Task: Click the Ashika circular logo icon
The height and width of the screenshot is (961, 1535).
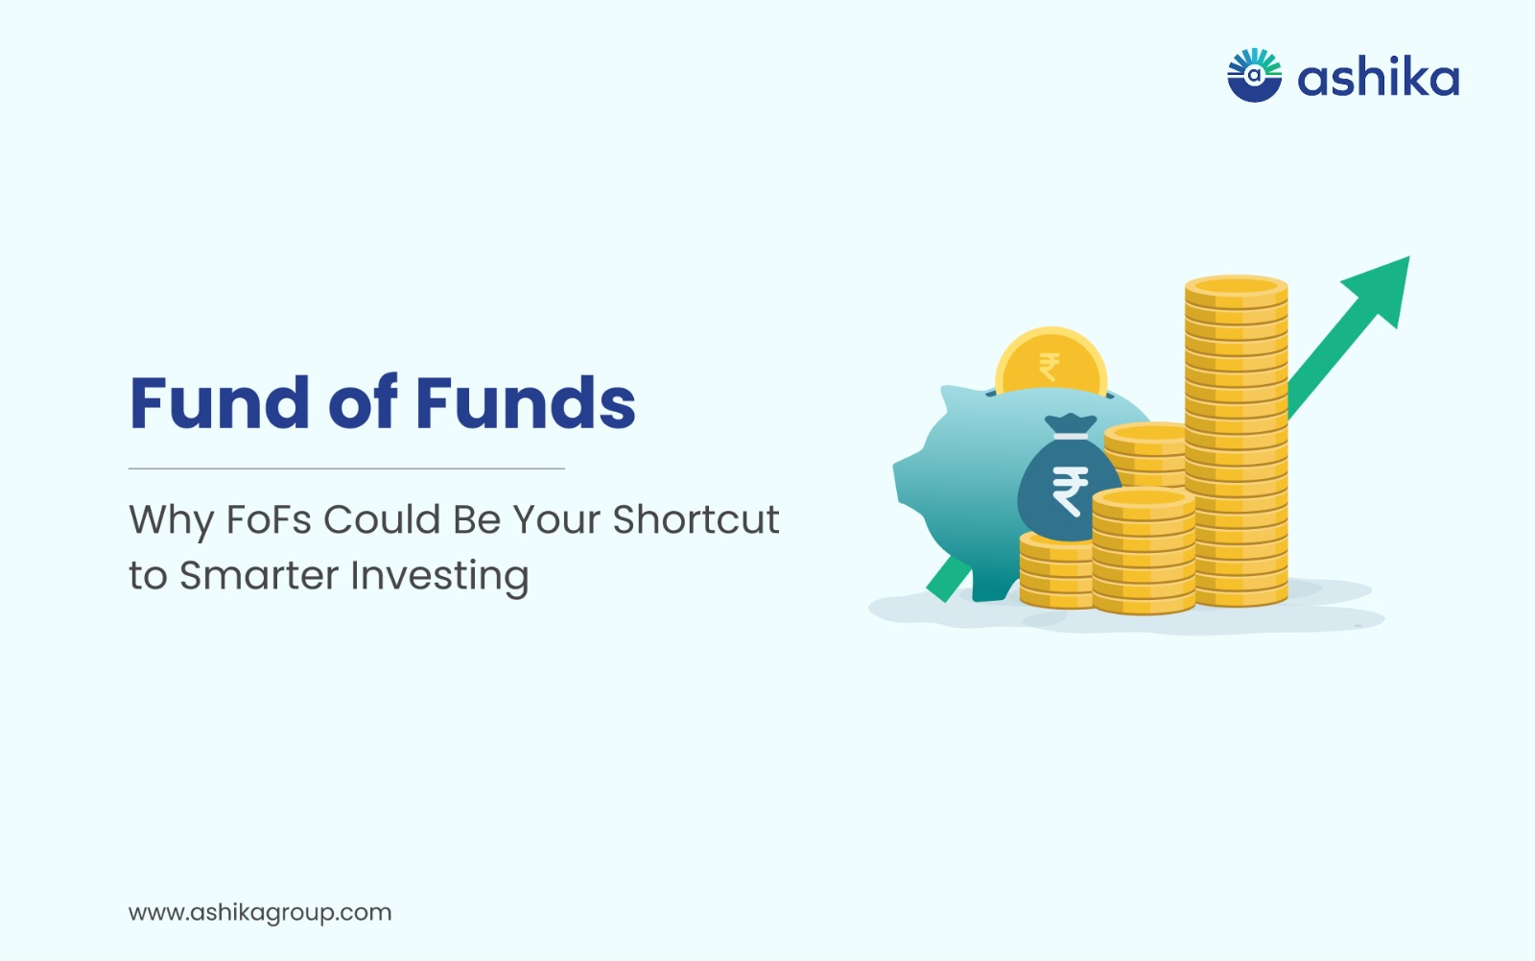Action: tap(1254, 75)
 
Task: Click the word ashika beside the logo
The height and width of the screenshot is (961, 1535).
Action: tap(1378, 78)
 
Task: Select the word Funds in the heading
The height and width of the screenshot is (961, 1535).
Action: tap(526, 402)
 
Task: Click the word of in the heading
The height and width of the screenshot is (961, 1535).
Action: tap(363, 402)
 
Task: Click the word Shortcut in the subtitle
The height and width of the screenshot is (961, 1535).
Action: tap(696, 519)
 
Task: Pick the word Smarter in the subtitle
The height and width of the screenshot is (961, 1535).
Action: tap(258, 575)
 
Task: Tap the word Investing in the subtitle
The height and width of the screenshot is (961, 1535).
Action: tap(439, 576)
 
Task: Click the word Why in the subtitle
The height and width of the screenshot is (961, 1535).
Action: tap(171, 521)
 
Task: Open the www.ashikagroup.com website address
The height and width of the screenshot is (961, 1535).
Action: tap(260, 913)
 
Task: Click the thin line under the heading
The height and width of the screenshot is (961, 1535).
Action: tap(346, 468)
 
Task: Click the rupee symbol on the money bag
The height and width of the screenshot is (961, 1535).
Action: tap(1071, 491)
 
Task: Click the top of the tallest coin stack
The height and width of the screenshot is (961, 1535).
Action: tap(1237, 285)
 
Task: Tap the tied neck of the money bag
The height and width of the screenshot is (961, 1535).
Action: tap(1071, 429)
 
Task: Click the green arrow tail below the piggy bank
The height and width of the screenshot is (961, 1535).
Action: tap(948, 580)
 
